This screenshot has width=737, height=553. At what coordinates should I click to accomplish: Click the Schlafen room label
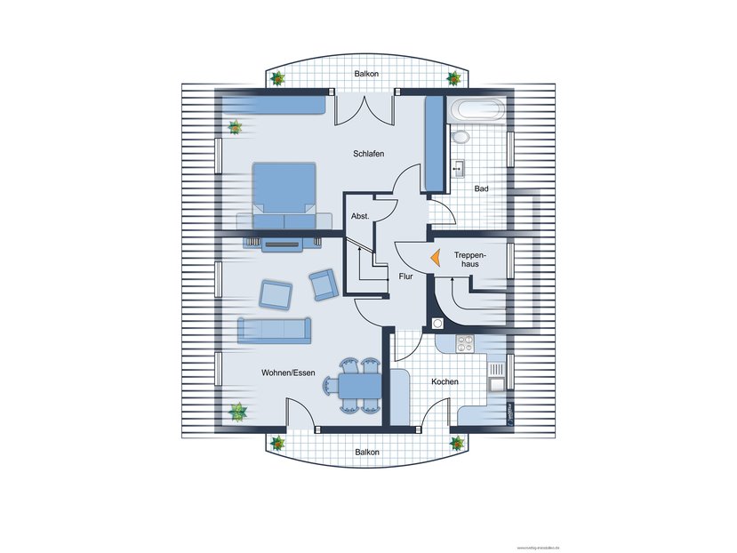tap(368, 154)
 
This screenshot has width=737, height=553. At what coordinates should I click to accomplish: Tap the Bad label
tap(481, 188)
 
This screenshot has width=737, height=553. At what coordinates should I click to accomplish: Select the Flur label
tap(405, 276)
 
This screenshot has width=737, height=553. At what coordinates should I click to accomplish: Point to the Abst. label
tap(360, 216)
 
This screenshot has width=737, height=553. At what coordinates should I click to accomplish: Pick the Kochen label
tap(445, 381)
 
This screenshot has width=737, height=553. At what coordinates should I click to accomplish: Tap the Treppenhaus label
tap(469, 260)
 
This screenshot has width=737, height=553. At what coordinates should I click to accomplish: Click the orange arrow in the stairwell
tap(435, 257)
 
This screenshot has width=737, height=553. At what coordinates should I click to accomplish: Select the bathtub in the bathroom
tap(478, 112)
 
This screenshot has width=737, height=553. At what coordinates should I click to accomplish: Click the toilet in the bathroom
tap(460, 138)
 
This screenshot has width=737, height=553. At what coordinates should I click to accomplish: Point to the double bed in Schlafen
tap(284, 195)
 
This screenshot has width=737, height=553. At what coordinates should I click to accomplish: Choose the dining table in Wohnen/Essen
tap(359, 387)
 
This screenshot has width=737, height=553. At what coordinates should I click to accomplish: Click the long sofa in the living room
tap(274, 330)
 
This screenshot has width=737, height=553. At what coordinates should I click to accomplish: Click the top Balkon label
tap(366, 74)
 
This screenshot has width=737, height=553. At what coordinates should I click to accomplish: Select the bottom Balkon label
tap(367, 452)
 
